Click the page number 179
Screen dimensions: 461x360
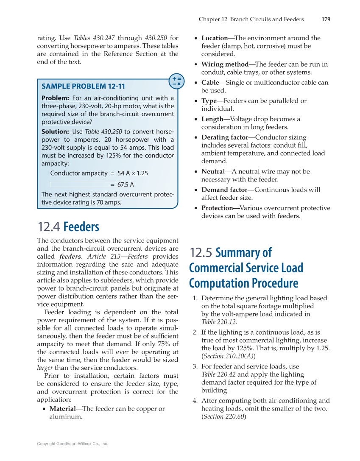click(x=326, y=19)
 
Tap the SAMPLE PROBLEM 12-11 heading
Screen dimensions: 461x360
click(x=83, y=86)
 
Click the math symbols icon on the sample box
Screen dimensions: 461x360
click(x=177, y=81)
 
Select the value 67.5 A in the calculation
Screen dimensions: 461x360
click(x=126, y=184)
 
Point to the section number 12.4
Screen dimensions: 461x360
click(x=49, y=227)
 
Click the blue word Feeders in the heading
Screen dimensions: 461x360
click(x=81, y=227)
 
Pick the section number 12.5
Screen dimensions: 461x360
click(x=201, y=253)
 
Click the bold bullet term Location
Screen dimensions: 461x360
click(x=214, y=38)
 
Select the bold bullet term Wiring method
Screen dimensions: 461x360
click(x=225, y=64)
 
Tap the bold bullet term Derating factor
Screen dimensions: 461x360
click(x=224, y=137)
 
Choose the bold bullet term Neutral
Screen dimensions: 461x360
click(x=213, y=171)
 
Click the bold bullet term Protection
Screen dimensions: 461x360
click(x=217, y=208)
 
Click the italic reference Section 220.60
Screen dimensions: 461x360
click(x=223, y=416)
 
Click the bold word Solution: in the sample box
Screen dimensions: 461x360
click(x=55, y=131)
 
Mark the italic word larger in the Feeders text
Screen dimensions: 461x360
click(x=45, y=368)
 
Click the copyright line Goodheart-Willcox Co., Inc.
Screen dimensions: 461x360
click(x=73, y=444)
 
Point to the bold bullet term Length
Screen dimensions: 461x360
click(x=212, y=119)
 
